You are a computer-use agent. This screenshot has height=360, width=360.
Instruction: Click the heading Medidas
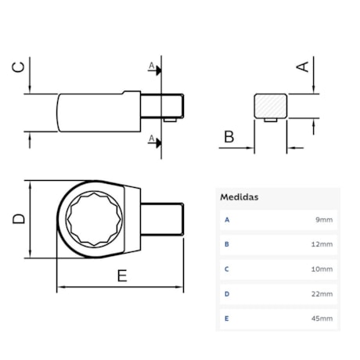tap(239, 198)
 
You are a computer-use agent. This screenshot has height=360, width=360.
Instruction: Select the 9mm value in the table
tap(324, 220)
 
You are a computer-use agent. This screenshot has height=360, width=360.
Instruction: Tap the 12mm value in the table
tap(322, 244)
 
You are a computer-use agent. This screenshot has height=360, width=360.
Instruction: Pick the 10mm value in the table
tap(322, 269)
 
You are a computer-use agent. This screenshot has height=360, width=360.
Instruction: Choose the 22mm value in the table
tap(322, 294)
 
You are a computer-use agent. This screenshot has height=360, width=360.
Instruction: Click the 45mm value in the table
tap(322, 319)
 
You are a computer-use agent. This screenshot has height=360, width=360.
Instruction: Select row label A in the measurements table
tap(227, 220)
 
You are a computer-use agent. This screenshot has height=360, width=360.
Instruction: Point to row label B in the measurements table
tap(227, 244)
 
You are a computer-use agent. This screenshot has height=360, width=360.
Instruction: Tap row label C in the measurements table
tap(227, 269)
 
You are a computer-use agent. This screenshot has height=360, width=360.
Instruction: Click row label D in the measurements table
tap(227, 294)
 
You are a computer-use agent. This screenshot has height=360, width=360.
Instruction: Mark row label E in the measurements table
tap(227, 319)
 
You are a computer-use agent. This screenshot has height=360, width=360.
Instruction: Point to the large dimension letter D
tap(20, 220)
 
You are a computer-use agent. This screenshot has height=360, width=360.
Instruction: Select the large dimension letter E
tap(122, 275)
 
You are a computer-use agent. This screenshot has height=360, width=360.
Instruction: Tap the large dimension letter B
tap(229, 138)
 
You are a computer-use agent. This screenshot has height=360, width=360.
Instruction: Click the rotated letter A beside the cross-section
tap(302, 67)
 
